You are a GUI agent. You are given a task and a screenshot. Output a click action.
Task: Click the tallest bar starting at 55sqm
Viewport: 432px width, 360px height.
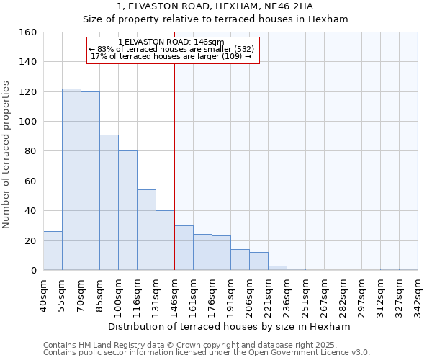pyautogui.click(x=71, y=179)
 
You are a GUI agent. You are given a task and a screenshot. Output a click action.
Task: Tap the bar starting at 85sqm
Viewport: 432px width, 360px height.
pyautogui.click(x=109, y=202)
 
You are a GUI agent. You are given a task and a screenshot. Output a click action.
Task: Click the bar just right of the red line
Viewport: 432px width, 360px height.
pyautogui.click(x=184, y=248)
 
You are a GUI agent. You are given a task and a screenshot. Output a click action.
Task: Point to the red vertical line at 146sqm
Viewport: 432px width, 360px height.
pyautogui.click(x=174, y=166)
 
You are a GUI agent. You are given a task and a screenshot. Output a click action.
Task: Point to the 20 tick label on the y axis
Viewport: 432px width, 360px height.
pyautogui.click(x=30, y=240)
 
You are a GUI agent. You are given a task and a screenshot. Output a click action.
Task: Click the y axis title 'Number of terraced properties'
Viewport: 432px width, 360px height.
pyautogui.click(x=6, y=151)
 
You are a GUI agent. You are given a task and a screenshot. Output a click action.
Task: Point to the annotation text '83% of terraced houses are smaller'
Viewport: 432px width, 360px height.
pyautogui.click(x=172, y=49)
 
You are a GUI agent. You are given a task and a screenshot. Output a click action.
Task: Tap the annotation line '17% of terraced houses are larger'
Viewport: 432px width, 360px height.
pyautogui.click(x=172, y=56)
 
